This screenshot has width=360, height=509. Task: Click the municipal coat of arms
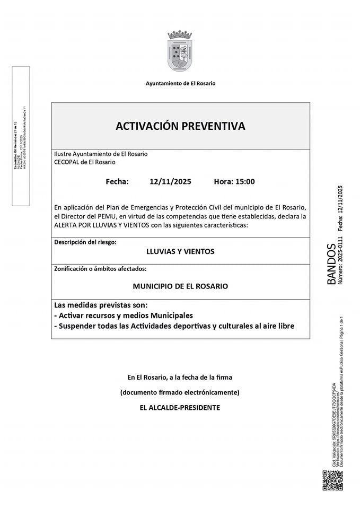click(180, 51)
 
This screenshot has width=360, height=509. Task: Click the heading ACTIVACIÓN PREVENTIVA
click(180, 126)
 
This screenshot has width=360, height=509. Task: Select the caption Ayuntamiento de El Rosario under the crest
click(180, 83)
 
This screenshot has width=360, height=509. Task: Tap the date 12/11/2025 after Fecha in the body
click(170, 181)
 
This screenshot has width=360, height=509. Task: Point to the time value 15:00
click(244, 181)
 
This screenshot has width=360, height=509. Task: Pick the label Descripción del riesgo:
click(85, 242)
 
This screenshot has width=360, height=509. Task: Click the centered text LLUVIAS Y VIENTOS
click(180, 251)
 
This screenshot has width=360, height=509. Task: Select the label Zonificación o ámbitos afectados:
click(100, 269)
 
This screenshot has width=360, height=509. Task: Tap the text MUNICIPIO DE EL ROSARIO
click(180, 286)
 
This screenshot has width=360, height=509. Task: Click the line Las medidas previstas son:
click(101, 305)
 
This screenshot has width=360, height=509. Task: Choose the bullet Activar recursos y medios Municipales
click(124, 315)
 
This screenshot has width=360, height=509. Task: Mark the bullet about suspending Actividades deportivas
click(174, 326)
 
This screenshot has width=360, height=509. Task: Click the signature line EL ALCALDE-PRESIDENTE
click(180, 408)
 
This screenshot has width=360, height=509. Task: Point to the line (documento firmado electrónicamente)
click(180, 392)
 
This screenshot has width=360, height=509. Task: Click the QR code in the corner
click(332, 480)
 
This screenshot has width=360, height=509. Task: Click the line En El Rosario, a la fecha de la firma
click(180, 378)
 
